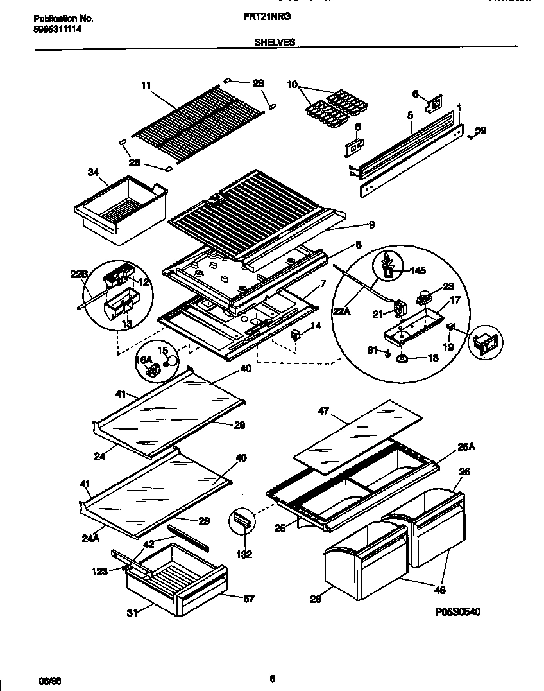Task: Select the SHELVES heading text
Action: (275, 42)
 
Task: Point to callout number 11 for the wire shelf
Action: (145, 84)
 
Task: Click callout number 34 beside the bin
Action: (93, 171)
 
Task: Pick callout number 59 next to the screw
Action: (480, 131)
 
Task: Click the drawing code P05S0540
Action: (457, 612)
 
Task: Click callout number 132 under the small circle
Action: (244, 553)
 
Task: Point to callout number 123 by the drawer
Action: (99, 572)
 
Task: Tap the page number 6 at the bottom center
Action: (272, 678)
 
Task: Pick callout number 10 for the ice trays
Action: (292, 84)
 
